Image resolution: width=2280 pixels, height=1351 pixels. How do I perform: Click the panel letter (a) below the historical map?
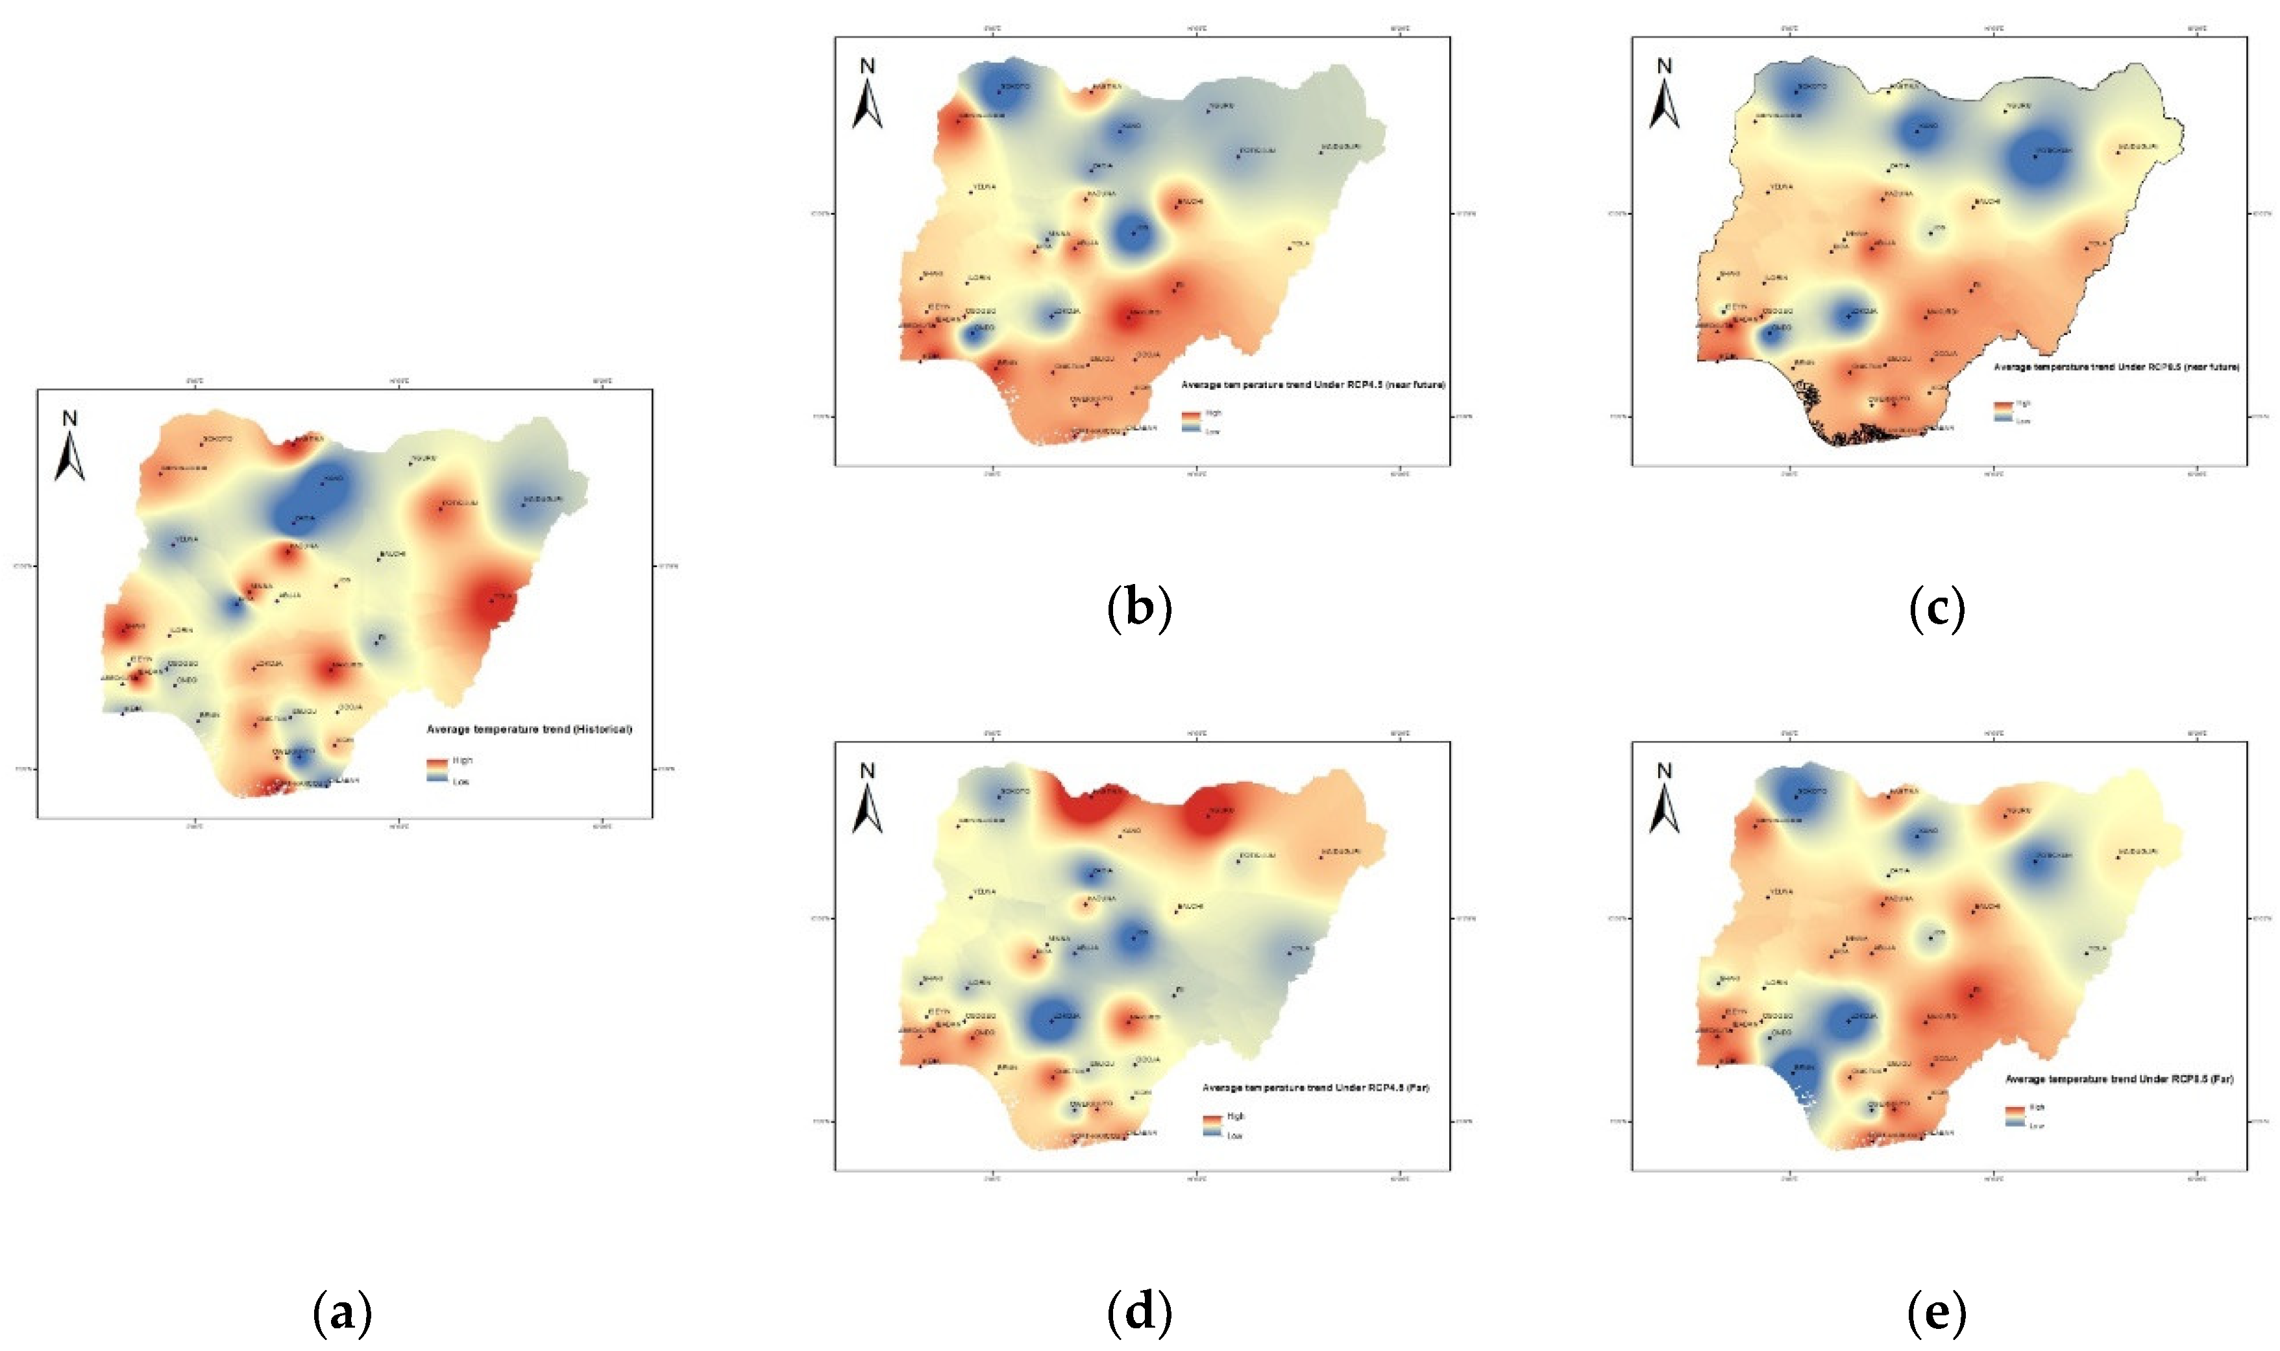[343, 1313]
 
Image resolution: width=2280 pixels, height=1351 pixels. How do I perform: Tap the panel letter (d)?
[1139, 1313]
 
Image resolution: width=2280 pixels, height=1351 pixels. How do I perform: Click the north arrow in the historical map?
[70, 446]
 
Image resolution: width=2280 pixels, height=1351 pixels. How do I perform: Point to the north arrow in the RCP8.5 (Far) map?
[1665, 798]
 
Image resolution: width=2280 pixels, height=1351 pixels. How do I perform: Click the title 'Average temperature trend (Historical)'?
[529, 729]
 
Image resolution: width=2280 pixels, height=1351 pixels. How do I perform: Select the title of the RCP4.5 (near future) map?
[1313, 385]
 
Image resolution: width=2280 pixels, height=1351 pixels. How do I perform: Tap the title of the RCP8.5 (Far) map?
[2119, 1080]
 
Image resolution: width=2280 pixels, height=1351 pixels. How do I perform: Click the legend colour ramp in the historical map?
[436, 770]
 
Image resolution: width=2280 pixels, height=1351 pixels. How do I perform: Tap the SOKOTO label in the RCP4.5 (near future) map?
[1015, 86]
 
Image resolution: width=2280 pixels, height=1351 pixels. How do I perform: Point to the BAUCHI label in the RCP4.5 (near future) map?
[1190, 201]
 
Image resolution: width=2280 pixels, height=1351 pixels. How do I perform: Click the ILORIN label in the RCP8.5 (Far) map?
[1776, 983]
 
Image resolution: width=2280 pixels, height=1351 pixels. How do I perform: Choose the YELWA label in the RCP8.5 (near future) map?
[1781, 187]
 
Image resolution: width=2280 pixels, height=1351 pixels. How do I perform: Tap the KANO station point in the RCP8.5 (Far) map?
[1917, 836]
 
